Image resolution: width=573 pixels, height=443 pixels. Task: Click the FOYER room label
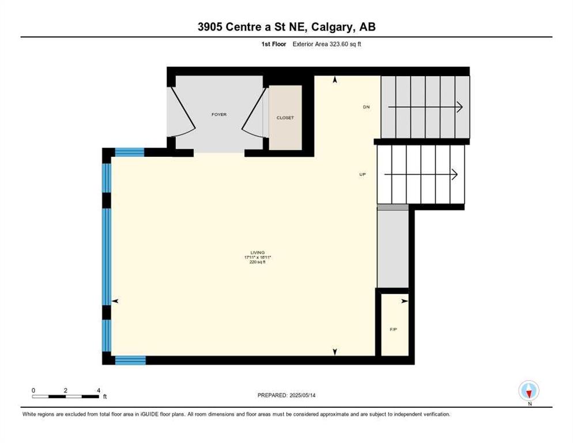point(219,115)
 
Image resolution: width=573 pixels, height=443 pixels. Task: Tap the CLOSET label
point(285,118)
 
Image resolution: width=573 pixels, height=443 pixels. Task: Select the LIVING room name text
point(258,253)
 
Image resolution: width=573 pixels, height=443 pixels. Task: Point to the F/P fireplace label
point(393,329)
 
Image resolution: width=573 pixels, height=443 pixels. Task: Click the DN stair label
point(366,107)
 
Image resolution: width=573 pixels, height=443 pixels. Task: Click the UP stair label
point(363,175)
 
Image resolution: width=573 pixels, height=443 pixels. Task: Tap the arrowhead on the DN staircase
point(459,107)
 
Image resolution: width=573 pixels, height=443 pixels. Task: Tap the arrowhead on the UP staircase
point(455,175)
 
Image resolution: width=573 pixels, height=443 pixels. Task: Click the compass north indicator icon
point(529,391)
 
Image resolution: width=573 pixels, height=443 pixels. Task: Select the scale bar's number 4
point(99,391)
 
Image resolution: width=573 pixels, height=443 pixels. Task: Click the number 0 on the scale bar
point(33,391)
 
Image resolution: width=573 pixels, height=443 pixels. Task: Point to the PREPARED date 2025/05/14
point(303,396)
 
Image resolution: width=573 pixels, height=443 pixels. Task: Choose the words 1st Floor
point(274,44)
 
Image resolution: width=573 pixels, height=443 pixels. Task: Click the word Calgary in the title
point(333,27)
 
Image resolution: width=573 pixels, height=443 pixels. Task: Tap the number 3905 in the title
point(210,27)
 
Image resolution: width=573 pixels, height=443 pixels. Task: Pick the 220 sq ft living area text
point(258,262)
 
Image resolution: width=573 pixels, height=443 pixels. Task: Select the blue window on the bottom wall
point(130,361)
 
